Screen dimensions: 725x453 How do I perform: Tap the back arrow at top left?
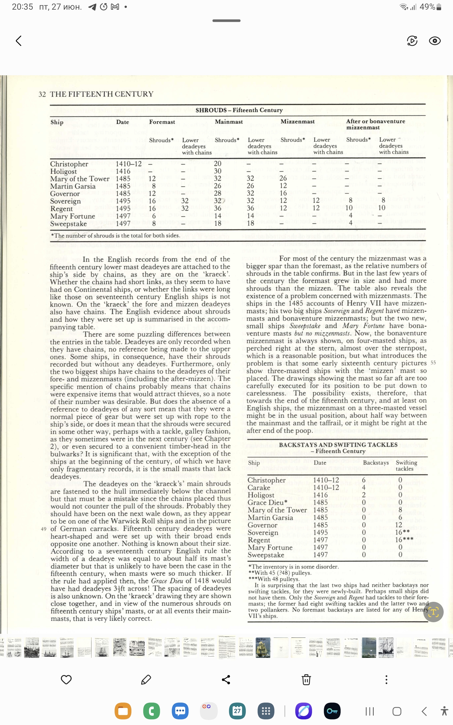[19, 41]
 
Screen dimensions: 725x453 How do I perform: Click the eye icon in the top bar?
[434, 41]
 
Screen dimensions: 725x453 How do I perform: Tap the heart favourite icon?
[66, 679]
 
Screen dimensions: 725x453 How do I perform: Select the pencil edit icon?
[146, 679]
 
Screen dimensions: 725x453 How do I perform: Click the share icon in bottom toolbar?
[226, 679]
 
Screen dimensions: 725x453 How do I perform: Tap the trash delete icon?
[306, 679]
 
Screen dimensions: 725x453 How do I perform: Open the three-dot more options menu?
[386, 679]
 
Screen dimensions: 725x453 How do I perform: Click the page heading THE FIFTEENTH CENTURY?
[101, 94]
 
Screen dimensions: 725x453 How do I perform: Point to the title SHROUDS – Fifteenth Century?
[239, 110]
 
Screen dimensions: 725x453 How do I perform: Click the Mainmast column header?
[228, 121]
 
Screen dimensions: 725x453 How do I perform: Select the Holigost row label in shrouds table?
[63, 171]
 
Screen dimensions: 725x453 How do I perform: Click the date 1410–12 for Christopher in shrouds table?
[129, 164]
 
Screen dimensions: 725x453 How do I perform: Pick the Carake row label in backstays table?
[259, 488]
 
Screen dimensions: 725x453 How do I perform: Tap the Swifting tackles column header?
[406, 465]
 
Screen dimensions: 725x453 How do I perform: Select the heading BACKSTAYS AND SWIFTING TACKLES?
[338, 445]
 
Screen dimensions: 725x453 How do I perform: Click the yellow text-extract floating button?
[433, 612]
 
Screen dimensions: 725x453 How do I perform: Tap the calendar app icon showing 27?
[237, 711]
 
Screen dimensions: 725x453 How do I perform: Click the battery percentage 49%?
[427, 7]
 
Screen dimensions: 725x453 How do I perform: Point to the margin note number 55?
[433, 363]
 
